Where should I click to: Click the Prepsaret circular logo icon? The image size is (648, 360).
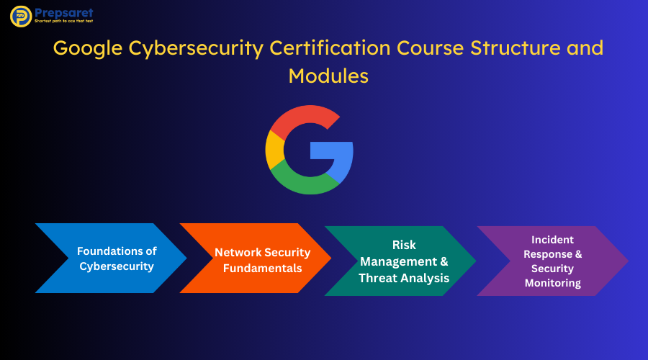point(21,16)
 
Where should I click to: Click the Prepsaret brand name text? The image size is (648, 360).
point(64,13)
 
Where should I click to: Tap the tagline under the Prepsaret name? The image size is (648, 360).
point(63,21)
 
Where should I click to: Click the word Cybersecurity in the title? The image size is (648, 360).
point(196,49)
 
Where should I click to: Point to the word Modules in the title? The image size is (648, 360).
point(328,76)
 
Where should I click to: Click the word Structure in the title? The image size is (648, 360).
point(516,48)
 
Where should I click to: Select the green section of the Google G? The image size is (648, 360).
point(304,182)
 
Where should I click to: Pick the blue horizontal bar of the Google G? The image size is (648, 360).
point(331,150)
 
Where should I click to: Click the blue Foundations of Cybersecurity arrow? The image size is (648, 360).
point(111,258)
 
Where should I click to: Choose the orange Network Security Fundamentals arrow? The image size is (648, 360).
point(256,258)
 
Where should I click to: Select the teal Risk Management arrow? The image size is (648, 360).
point(400,261)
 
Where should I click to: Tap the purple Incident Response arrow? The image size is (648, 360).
point(553,261)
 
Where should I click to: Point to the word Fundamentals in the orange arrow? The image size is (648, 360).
point(262,269)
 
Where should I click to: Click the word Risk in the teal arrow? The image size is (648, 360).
point(404,245)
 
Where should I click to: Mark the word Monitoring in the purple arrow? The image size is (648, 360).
point(553,283)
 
